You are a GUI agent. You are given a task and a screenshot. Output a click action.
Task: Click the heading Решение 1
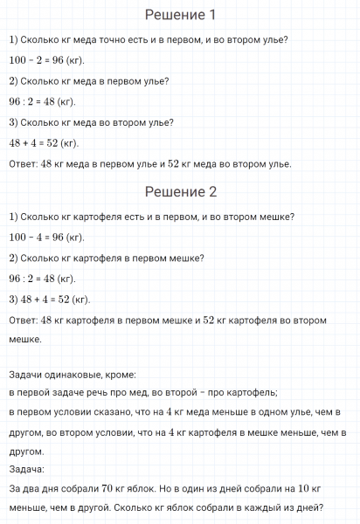[x=180, y=16]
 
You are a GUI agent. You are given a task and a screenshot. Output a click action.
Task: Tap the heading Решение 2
[x=180, y=192]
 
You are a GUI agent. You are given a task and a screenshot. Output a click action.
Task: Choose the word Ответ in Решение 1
[x=22, y=163]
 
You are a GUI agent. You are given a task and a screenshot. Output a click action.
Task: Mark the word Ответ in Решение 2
[x=22, y=321]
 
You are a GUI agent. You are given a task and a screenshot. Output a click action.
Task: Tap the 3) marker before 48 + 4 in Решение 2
[x=13, y=300]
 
